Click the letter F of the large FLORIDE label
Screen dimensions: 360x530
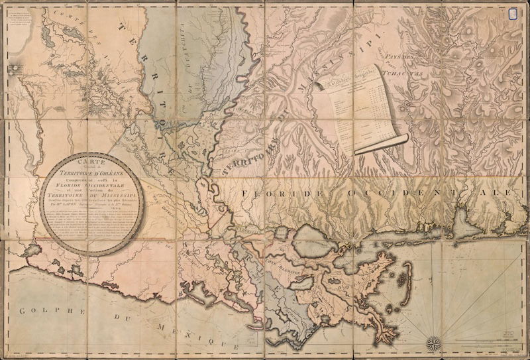(245, 193)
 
